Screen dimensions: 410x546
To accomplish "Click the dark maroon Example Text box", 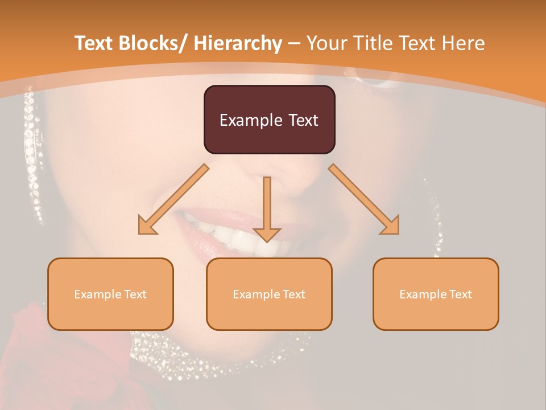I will [x=269, y=120].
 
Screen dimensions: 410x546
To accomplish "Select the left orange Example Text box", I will [x=110, y=294].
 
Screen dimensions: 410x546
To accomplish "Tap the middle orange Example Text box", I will [x=269, y=294].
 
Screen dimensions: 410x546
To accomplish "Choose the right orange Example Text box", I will [x=436, y=294].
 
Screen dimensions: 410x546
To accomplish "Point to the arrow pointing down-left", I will [x=174, y=199].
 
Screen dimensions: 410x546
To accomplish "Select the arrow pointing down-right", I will [x=364, y=199].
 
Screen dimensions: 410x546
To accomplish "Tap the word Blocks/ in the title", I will [x=154, y=43].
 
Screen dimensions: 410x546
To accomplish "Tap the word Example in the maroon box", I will [x=251, y=120].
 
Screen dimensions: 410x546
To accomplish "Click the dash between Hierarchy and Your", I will [x=294, y=43].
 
